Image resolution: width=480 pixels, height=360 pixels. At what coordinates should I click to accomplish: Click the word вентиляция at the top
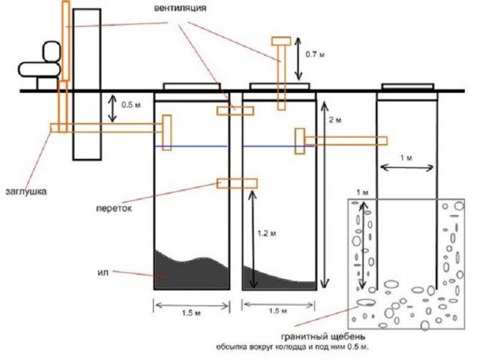point(180,8)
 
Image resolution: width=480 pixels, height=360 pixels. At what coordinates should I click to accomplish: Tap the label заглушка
point(26,192)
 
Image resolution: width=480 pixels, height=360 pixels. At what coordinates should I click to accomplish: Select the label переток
point(114,208)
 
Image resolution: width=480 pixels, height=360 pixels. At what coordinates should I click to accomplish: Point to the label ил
point(103,272)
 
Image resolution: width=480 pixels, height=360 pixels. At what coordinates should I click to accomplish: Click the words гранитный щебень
point(323,336)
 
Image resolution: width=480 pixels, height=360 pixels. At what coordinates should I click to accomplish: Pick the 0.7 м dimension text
point(315,54)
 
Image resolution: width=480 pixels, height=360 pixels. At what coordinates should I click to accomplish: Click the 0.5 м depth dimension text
point(131,104)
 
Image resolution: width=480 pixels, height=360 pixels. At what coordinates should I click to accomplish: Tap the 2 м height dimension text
point(335,120)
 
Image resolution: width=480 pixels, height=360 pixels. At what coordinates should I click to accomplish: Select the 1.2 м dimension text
point(267,233)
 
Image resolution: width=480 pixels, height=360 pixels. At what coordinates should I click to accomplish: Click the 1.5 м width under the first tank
point(191,313)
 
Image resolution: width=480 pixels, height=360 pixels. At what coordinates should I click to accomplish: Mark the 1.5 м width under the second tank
point(278,311)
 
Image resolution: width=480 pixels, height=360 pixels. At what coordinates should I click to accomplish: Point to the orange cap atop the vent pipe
point(281,41)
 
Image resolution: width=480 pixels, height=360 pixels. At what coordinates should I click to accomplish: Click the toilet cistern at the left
point(52,52)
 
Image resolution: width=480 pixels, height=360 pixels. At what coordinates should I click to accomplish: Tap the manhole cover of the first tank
point(192,86)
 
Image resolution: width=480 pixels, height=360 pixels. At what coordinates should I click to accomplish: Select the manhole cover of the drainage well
point(408,86)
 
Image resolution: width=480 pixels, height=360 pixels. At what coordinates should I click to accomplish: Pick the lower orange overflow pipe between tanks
point(237,183)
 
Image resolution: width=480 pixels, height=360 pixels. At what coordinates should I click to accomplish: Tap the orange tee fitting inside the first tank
point(167,132)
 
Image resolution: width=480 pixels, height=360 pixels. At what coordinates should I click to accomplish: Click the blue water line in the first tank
point(191,146)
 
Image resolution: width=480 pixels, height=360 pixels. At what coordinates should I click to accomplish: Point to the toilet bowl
point(39,69)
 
